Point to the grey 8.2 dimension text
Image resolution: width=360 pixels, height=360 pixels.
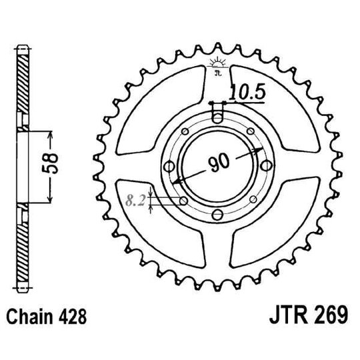click(136, 198)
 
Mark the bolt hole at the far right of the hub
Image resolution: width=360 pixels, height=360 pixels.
click(265, 165)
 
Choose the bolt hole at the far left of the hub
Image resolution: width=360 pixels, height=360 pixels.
click(168, 165)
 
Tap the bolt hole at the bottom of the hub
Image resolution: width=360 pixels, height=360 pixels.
click(217, 214)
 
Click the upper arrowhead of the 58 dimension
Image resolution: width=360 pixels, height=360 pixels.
click(50, 132)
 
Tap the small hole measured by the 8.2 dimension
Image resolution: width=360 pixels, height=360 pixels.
click(182, 199)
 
